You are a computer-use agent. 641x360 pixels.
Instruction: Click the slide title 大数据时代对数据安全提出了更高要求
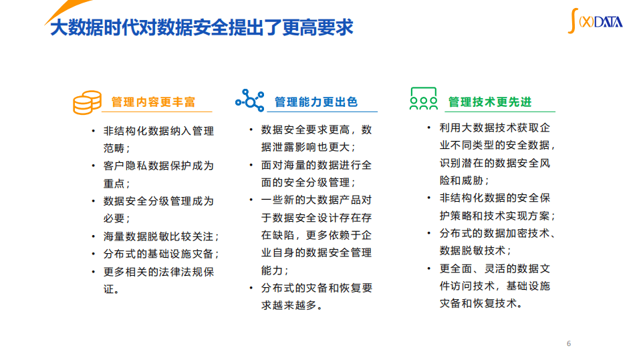point(201,28)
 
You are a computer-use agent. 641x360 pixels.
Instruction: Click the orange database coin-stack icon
point(87,102)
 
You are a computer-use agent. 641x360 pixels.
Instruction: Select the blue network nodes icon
point(250,100)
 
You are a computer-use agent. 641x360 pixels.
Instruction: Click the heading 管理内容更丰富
point(154,102)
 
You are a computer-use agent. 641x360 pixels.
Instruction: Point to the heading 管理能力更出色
point(316,102)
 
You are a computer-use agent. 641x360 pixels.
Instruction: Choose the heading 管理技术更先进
point(490,102)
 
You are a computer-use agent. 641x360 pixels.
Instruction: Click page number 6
point(569,344)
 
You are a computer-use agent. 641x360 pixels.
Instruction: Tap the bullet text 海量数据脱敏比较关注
point(160,236)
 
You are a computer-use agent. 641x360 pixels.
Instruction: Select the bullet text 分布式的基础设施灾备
point(160,254)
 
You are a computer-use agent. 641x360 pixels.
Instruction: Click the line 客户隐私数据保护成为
point(158,166)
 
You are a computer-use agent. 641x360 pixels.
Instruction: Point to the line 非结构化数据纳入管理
point(158,131)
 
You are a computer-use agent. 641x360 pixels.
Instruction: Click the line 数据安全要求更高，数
point(316,130)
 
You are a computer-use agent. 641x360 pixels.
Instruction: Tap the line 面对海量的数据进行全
point(316,164)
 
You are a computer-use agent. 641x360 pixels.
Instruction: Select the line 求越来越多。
point(292,305)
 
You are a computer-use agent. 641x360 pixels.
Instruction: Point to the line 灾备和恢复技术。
point(481,303)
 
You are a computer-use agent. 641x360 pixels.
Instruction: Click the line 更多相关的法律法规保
point(158,272)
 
